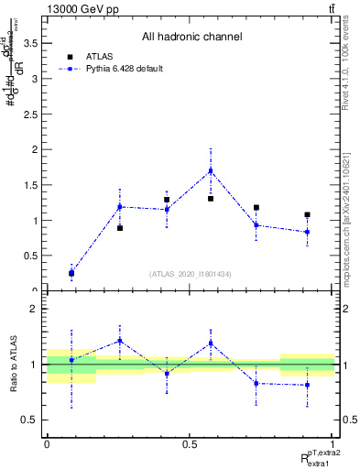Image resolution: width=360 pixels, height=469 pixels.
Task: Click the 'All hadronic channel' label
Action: point(191,38)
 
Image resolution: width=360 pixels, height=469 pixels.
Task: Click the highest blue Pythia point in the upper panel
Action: point(211,170)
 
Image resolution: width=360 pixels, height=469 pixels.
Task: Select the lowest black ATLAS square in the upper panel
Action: point(71,272)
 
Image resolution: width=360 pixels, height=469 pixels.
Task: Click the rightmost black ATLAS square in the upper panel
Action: point(308,215)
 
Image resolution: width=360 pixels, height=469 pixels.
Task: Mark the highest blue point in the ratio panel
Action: point(120,341)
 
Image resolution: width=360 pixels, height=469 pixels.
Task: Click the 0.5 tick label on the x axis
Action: point(190,444)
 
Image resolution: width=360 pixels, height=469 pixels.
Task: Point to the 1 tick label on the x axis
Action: point(333,444)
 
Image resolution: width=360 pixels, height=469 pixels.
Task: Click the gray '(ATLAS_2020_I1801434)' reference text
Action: point(191,274)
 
